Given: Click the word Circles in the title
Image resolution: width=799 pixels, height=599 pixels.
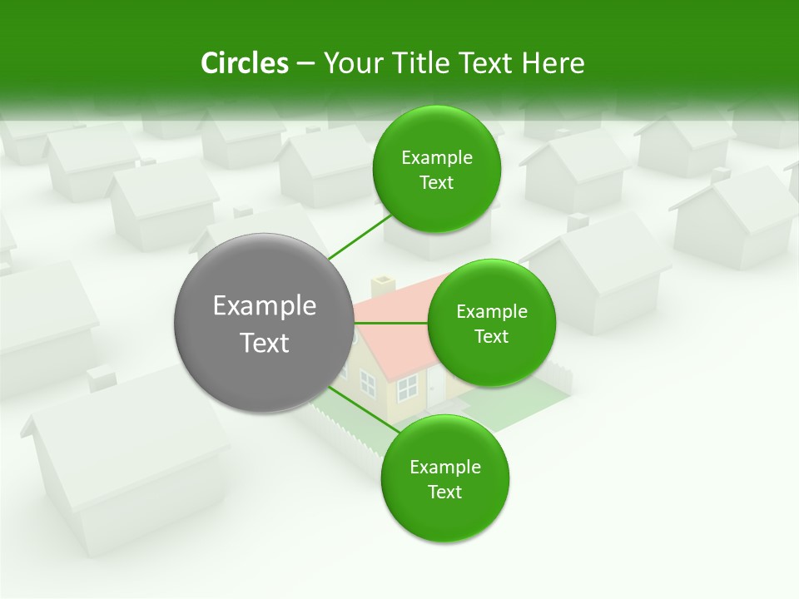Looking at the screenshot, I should coord(245,63).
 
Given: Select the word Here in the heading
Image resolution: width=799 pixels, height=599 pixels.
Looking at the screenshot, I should coord(553,63).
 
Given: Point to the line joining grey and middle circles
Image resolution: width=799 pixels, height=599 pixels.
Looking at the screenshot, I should coord(390,323).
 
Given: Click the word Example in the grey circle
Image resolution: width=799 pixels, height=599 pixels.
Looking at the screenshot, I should coord(264,306).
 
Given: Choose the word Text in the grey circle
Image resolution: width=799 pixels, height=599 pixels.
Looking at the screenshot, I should coord(264,343).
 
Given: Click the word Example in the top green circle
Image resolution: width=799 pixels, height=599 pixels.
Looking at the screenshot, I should coord(437,158).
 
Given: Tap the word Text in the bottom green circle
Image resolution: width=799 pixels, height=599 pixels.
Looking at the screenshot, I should coord(444,493).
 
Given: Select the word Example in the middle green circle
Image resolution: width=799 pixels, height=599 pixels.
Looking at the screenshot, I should coord(492,312).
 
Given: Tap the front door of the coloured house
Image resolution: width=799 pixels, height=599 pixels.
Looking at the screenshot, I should coord(436,386).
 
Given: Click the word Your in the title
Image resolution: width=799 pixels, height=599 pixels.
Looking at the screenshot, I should coord(350,63).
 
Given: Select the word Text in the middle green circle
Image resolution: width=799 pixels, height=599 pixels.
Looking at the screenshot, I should coord(491,337).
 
